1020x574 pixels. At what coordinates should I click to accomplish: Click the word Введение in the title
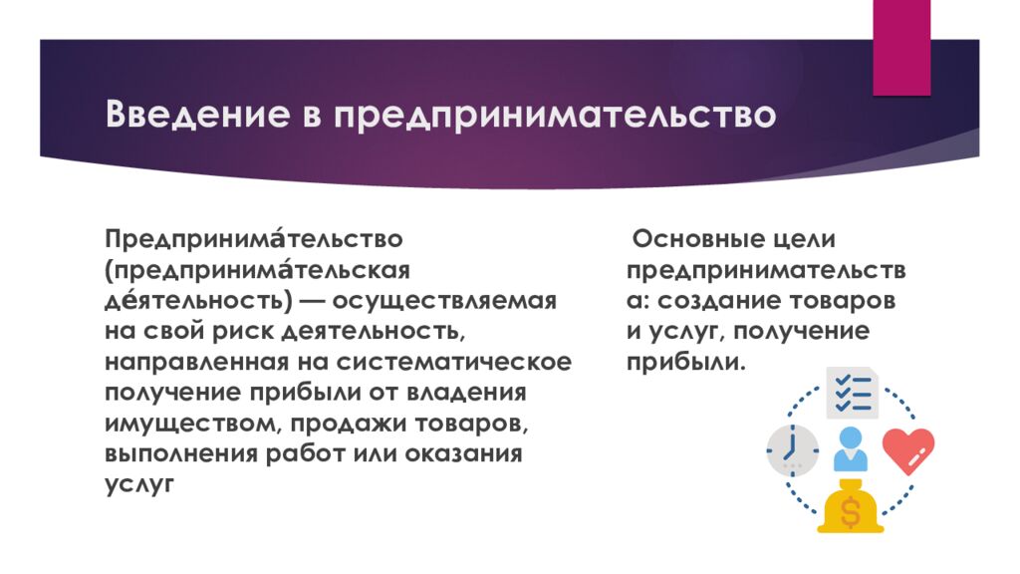(x=197, y=114)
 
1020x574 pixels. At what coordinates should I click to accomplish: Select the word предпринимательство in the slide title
(x=555, y=116)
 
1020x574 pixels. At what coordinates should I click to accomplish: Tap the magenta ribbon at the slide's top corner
(x=901, y=48)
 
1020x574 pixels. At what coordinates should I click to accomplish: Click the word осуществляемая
(x=444, y=301)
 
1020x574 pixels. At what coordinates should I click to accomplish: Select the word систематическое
(x=453, y=362)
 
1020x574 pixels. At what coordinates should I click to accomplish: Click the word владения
(x=466, y=393)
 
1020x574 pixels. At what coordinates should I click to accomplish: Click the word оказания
(x=463, y=453)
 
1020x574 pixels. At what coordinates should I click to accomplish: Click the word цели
(x=805, y=240)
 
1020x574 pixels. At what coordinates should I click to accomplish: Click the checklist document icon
(x=853, y=393)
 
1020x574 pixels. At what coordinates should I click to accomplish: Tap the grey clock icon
(x=792, y=450)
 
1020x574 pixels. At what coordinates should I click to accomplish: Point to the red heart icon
(x=908, y=450)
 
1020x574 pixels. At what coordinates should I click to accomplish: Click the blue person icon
(x=851, y=449)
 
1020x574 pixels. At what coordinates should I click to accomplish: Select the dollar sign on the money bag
(x=850, y=512)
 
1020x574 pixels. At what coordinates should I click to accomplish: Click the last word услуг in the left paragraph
(x=139, y=485)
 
